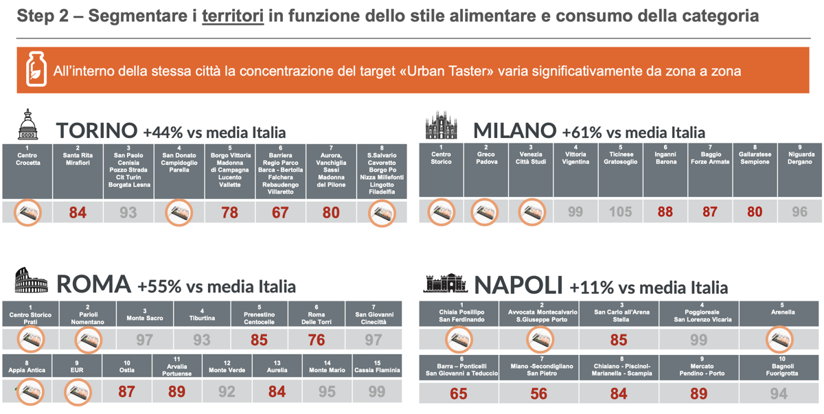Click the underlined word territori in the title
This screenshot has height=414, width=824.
click(233, 16)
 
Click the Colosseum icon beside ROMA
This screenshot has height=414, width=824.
click(31, 281)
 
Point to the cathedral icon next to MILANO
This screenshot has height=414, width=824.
click(441, 128)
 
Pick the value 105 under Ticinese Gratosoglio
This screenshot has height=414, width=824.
click(620, 212)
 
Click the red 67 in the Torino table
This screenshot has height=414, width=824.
click(280, 212)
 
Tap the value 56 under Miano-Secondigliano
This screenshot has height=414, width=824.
click(538, 393)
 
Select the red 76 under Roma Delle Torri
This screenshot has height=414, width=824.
click(317, 339)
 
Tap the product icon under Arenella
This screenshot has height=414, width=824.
click(779, 339)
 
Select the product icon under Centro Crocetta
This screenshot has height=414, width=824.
click(27, 212)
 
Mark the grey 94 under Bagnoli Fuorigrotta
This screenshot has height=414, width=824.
click(779, 393)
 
